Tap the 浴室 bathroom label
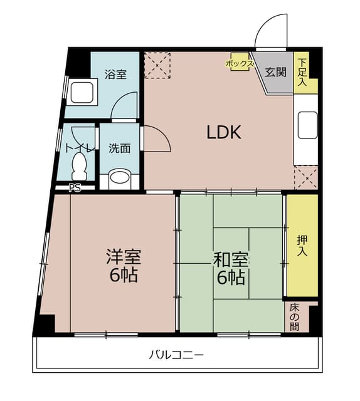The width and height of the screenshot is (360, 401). pos(116,75)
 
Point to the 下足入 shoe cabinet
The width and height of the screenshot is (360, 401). pos(304,73)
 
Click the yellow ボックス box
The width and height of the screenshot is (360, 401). pos(240,63)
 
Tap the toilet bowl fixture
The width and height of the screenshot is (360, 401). pos(80,166)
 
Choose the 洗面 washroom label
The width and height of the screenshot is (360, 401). pos(119,148)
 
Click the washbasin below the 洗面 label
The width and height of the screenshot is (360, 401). pos(119,179)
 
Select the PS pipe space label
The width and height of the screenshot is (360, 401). pos(75,187)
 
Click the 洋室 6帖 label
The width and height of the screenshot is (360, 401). pos(123,266)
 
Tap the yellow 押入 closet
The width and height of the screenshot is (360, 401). pos(302,245)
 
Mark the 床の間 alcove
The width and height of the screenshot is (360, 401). pos(295,317)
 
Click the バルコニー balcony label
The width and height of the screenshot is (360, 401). pos(176,355)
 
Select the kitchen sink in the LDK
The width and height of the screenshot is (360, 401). pos(307,125)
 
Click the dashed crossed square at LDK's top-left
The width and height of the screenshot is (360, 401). pos(157,65)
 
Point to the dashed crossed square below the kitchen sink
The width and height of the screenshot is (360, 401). pos(306,177)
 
